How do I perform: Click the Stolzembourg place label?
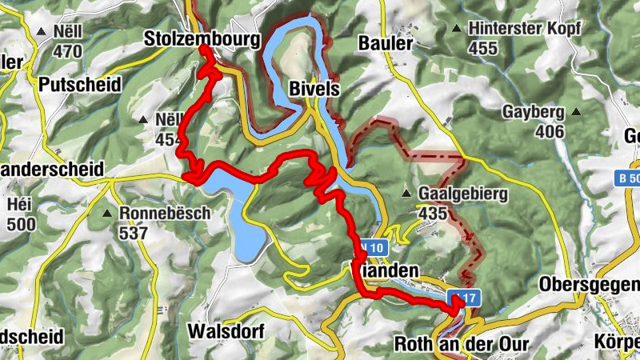tap(202, 38)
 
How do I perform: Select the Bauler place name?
tap(386, 42)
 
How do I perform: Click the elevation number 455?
tap(483, 48)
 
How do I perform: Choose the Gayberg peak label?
tap(534, 112)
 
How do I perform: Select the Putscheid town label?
tap(80, 84)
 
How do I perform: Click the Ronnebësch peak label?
tap(164, 214)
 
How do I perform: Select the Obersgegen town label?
tap(589, 284)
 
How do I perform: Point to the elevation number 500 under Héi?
tap(20, 224)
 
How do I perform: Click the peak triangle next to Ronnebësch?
tap(108, 214)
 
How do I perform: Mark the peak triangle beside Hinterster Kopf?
tap(456, 29)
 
